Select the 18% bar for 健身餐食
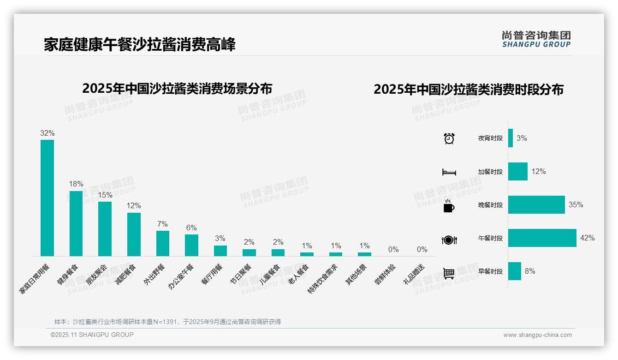click(76, 223)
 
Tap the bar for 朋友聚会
click(105, 228)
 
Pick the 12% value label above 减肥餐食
click(134, 206)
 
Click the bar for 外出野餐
click(163, 243)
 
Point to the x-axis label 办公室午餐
click(181, 276)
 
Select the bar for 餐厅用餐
click(220, 251)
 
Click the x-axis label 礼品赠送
click(414, 274)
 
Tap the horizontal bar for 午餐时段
click(542, 238)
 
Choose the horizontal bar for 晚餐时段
click(536, 205)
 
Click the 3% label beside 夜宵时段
click(522, 138)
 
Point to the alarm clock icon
click(449, 138)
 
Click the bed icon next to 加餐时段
click(449, 172)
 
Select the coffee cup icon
click(449, 206)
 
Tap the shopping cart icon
click(449, 273)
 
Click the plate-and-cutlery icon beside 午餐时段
click(449, 240)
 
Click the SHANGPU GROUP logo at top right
click(536, 39)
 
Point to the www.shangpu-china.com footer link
click(537, 335)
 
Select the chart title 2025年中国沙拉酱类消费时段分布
click(469, 90)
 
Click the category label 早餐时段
click(490, 271)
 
